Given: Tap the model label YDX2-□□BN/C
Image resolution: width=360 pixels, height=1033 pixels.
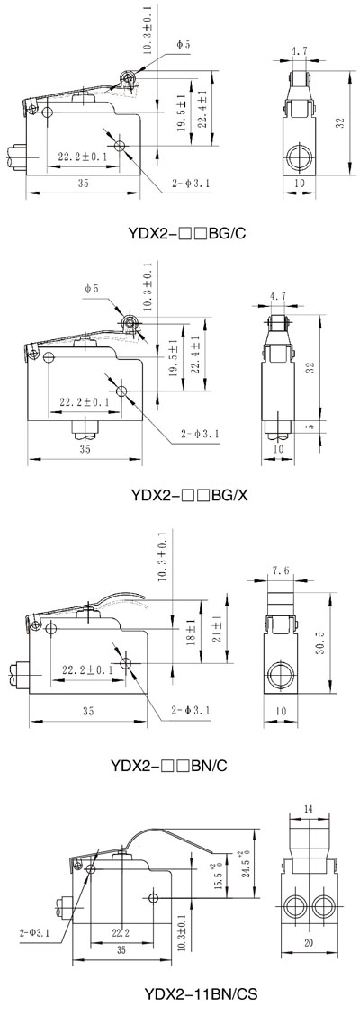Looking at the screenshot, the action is click(x=171, y=766).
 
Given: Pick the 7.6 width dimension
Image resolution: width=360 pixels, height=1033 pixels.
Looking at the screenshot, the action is click(x=280, y=571).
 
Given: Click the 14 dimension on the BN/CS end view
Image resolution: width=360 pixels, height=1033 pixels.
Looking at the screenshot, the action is click(x=309, y=808).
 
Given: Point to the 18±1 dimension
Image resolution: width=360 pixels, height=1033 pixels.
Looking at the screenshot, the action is click(x=190, y=633).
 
